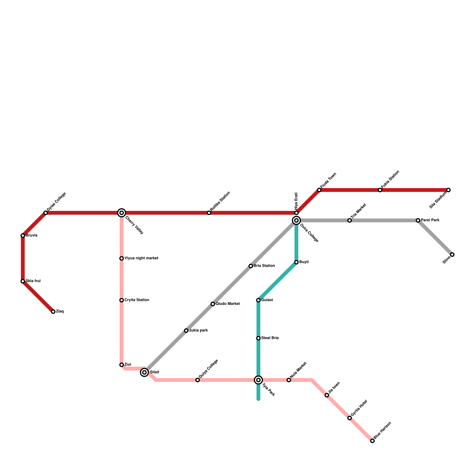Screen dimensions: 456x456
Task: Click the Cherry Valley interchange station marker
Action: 122,213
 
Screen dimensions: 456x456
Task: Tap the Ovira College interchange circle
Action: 296,220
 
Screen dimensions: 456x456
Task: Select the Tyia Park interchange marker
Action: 258,380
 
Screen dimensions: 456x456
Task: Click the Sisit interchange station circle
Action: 144,372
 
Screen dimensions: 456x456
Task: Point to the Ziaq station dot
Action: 53,312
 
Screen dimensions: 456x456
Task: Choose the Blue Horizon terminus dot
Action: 372,441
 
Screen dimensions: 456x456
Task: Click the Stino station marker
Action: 452,255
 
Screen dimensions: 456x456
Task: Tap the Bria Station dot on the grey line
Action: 251,266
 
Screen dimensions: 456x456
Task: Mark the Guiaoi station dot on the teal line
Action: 258,300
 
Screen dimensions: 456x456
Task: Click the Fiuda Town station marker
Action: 319,190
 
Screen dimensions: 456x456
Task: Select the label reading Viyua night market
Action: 141,258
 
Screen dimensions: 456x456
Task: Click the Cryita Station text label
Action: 137,300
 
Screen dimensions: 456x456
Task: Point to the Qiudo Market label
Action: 228,304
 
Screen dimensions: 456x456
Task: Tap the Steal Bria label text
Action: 270,338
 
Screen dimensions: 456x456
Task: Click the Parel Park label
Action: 430,220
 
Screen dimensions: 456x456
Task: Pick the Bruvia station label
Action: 32,235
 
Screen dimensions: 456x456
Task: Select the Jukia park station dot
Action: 186,331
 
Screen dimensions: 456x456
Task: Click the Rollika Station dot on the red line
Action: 209,213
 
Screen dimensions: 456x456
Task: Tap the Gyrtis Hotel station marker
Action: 350,418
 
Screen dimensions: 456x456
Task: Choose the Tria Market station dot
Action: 350,220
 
